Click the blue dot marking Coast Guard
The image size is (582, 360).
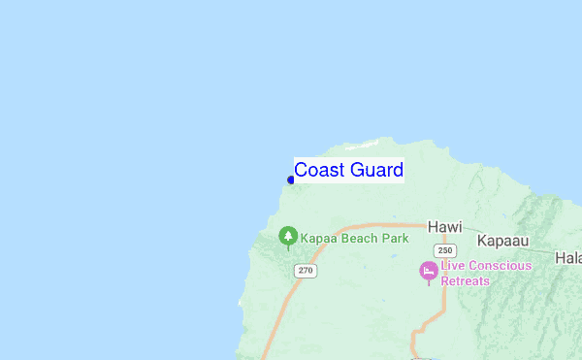291,180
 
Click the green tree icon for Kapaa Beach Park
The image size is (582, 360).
287,236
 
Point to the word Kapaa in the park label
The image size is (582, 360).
319,238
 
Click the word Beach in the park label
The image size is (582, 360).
360,238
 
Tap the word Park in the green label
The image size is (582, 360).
395,238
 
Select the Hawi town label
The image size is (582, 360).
445,227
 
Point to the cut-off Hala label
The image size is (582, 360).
567,257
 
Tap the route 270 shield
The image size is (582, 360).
307,270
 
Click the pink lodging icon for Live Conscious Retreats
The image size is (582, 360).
429,271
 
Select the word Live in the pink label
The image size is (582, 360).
453,266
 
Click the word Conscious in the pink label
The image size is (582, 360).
501,266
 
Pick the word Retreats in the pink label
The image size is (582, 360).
466,280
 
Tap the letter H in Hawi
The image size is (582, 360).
433,227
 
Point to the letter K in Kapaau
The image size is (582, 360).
482,239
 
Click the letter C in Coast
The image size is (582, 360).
301,170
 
